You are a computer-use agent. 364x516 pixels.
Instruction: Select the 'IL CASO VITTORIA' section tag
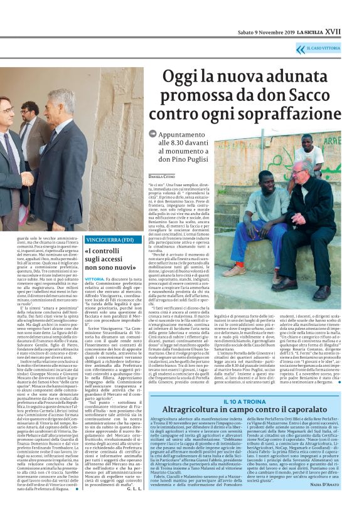(324, 47)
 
